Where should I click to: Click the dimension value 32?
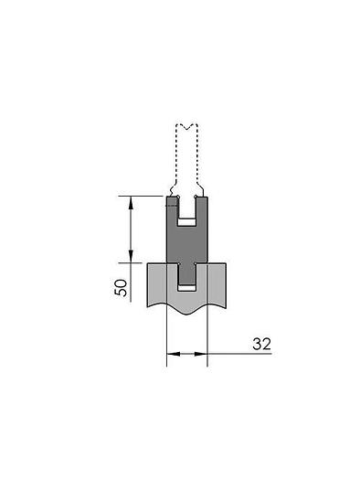(x=262, y=344)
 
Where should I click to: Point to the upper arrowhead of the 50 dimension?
(x=132, y=199)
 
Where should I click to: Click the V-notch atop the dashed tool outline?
(x=187, y=127)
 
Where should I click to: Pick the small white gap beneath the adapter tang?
(x=187, y=288)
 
